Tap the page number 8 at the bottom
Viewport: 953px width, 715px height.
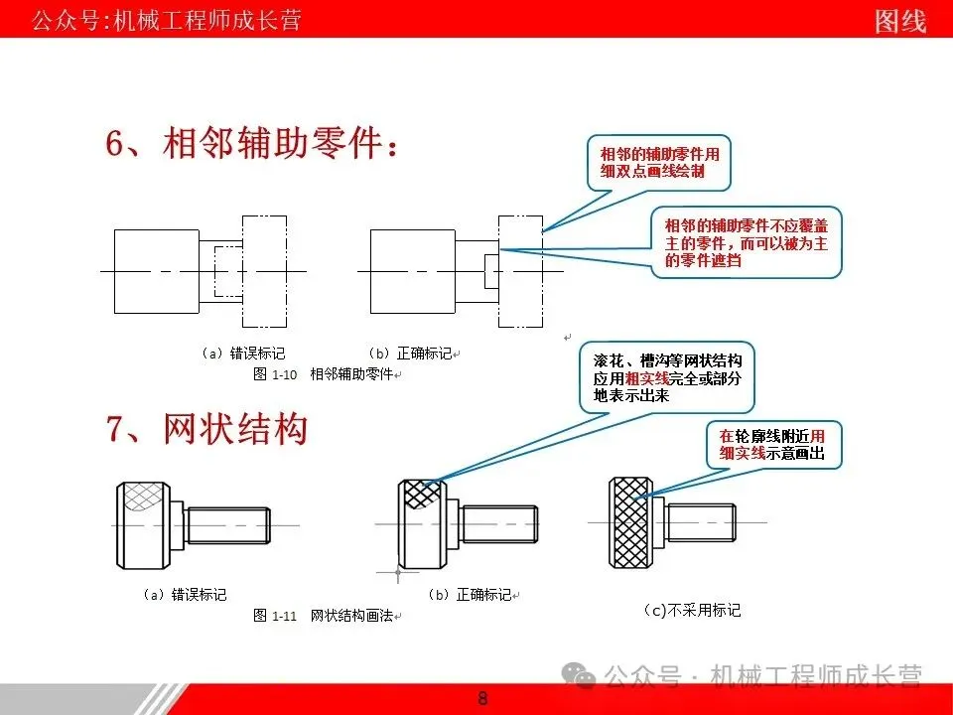click(x=482, y=698)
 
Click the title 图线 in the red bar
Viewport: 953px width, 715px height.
click(x=900, y=20)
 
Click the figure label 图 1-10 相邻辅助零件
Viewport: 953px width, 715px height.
click(x=324, y=374)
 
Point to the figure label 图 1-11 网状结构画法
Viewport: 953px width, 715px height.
click(x=326, y=617)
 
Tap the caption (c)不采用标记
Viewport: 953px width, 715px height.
click(x=692, y=610)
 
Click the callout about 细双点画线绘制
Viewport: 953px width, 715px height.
click(x=659, y=163)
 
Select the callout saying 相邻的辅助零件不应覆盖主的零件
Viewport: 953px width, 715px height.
click(x=747, y=242)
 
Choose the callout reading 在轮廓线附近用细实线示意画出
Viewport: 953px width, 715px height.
click(x=772, y=444)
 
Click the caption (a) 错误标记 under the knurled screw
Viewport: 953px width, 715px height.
click(x=185, y=595)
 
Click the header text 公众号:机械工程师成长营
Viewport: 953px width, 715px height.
click(x=166, y=20)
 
